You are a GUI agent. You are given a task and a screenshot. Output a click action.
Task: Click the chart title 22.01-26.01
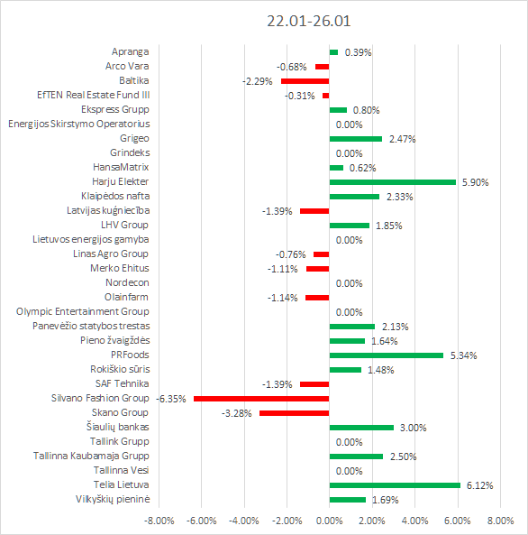click(x=308, y=21)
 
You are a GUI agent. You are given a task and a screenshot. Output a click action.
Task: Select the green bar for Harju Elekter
click(x=393, y=182)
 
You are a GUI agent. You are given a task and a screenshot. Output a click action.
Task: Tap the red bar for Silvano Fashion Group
click(x=261, y=399)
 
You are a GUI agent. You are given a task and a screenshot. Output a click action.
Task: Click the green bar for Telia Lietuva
click(x=395, y=485)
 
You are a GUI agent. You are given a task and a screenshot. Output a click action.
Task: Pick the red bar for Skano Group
click(x=294, y=413)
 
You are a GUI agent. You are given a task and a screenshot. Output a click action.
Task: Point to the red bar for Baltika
click(x=305, y=81)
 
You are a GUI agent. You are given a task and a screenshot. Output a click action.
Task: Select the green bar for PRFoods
click(x=387, y=355)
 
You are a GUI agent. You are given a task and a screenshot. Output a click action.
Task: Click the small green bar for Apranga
click(x=333, y=52)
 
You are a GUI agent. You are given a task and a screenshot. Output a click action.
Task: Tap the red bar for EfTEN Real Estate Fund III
click(x=326, y=96)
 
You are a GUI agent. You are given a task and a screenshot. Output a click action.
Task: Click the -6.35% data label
click(x=171, y=399)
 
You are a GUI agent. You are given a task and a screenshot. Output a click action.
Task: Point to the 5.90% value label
click(x=475, y=182)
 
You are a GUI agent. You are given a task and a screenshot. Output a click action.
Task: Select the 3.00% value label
click(x=414, y=428)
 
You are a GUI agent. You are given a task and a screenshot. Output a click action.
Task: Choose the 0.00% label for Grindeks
click(x=349, y=153)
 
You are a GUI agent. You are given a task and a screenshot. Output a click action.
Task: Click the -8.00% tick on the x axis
click(x=159, y=521)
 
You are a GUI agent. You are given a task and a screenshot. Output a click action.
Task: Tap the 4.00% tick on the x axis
click(x=414, y=521)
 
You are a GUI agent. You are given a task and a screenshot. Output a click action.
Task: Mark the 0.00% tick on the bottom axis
click(x=329, y=521)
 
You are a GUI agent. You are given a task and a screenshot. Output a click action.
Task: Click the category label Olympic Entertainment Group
click(x=83, y=312)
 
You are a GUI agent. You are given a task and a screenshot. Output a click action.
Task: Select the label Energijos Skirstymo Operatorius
click(x=79, y=125)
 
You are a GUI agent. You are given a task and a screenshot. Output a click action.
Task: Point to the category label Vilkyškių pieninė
click(x=113, y=500)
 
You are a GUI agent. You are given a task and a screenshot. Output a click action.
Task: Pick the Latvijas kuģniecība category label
click(x=108, y=211)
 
